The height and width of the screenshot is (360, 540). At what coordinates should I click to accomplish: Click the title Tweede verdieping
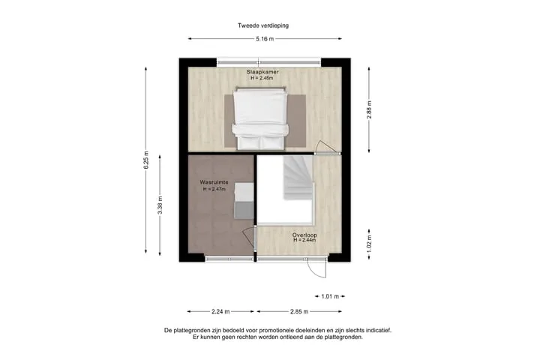[263, 25]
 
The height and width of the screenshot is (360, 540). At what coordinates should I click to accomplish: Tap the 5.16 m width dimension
[265, 39]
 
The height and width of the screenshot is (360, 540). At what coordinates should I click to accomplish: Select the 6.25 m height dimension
[146, 160]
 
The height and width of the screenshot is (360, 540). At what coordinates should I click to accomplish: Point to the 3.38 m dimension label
[160, 205]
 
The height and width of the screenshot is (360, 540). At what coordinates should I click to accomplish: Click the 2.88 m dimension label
[369, 110]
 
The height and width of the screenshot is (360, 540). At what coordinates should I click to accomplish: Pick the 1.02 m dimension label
[369, 244]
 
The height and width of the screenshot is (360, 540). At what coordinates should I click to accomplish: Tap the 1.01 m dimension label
[330, 296]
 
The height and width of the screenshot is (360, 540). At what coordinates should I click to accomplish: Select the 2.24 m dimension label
[220, 311]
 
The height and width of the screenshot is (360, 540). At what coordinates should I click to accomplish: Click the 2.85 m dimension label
[299, 311]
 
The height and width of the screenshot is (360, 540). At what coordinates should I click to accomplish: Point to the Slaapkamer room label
[262, 72]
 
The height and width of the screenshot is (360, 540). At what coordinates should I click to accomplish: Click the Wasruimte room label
[214, 182]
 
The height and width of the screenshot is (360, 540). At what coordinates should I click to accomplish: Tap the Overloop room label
[304, 235]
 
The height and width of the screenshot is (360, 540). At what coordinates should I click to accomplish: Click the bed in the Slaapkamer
[260, 118]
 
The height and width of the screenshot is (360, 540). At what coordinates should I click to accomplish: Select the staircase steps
[298, 178]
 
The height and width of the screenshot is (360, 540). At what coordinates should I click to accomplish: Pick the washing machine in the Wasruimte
[244, 201]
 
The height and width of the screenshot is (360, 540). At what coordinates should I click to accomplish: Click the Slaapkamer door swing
[326, 147]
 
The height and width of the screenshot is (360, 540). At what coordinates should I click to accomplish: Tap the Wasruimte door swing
[249, 238]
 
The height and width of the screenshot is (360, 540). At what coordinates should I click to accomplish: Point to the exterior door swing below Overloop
[316, 268]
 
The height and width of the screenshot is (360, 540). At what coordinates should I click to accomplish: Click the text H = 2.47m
[214, 189]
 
